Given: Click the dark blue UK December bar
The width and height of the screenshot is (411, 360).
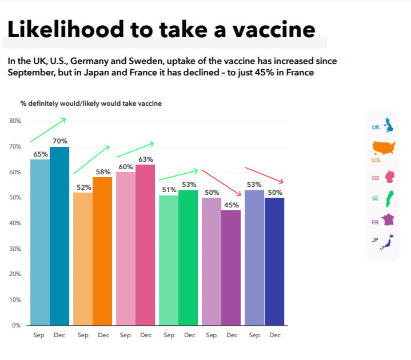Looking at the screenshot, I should (x=59, y=236).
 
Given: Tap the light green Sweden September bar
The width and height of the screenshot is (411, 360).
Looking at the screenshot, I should (x=169, y=260).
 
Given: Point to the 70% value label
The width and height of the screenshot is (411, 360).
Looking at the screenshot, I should (x=60, y=141).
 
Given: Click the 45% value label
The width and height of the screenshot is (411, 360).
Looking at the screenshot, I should (x=232, y=205).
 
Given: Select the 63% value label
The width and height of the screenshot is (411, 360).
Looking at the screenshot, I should (x=146, y=159).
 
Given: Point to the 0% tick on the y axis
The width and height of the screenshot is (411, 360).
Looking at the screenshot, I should (x=16, y=325).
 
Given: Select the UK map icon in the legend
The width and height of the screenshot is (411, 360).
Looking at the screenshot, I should (x=389, y=124).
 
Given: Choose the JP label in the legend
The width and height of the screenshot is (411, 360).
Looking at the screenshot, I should (x=376, y=240).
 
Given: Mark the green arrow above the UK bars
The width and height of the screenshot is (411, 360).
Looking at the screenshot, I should (x=48, y=130).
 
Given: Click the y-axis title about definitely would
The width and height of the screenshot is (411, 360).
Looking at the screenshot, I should (x=91, y=103).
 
